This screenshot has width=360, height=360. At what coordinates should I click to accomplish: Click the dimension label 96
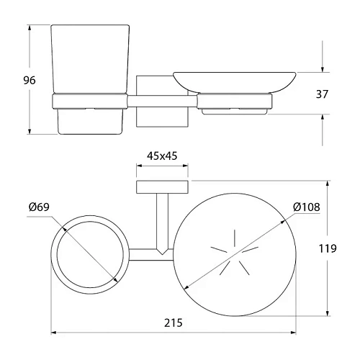coord(30,80)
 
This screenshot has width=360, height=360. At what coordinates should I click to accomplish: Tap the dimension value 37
coord(322,94)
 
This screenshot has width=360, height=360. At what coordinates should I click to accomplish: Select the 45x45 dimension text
coord(162,156)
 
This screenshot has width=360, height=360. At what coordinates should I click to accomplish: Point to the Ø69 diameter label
coord(39,207)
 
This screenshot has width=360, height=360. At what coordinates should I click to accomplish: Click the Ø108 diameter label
coord(307,207)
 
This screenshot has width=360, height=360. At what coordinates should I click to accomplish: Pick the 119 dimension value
coord(328,248)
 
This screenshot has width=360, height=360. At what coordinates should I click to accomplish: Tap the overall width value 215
coord(174,323)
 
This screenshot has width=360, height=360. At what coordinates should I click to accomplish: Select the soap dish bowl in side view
coord(235,82)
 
